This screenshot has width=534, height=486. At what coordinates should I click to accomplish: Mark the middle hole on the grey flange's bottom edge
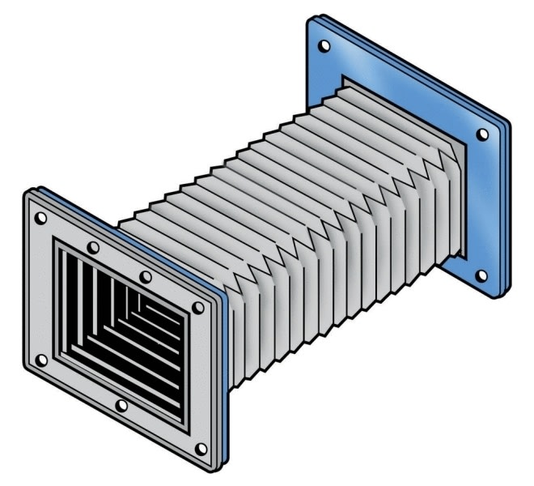pyautogui.click(x=121, y=405)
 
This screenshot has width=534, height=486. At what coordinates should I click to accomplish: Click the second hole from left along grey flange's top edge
pyautogui.click(x=95, y=247)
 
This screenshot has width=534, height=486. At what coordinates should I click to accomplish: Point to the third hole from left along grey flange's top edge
pyautogui.click(x=146, y=277)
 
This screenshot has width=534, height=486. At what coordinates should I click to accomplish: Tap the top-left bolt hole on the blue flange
pyautogui.click(x=324, y=46)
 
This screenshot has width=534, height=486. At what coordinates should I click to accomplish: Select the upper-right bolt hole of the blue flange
pyautogui.click(x=482, y=134)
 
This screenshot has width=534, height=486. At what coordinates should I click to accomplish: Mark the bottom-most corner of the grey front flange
pyautogui.click(x=212, y=468)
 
